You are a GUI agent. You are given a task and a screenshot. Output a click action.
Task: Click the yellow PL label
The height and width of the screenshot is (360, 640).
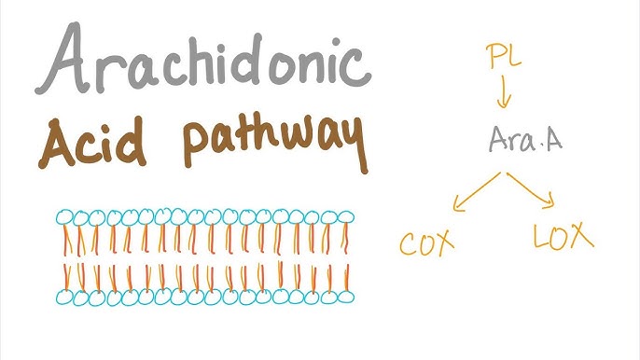coord(505,59)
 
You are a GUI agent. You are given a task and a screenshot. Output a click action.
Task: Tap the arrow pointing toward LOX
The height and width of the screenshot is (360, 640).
coord(536,189)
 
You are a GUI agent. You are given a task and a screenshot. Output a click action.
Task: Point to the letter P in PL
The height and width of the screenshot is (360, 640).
coord(495,59)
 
